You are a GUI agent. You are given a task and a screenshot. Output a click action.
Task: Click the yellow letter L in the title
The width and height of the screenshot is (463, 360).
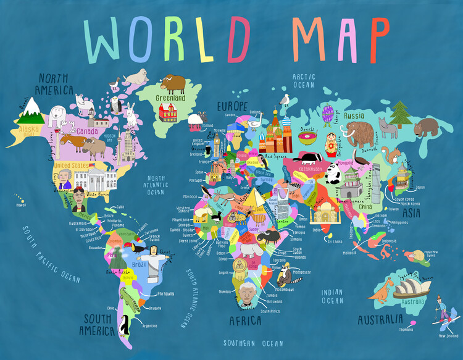click(211, 40)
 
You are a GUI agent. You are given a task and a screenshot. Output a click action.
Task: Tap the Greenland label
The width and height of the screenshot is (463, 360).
click(170, 98)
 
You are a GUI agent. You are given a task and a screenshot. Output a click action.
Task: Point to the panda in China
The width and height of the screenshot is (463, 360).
click(334, 178)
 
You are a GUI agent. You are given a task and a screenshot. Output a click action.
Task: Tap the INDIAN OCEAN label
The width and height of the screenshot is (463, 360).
click(332, 296)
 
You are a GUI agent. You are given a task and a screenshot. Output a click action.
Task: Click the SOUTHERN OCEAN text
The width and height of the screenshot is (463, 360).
click(253, 343)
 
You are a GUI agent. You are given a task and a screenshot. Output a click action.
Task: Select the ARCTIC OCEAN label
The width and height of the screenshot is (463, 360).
click(304, 80)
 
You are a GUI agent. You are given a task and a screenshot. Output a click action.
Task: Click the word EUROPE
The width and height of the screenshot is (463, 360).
click(232, 106)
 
